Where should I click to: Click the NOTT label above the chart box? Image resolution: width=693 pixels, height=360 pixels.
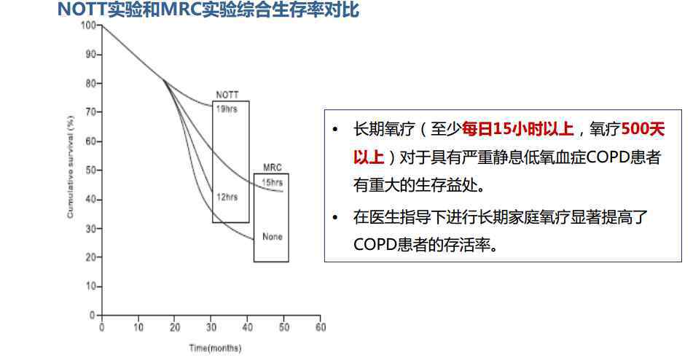pyautogui.click(x=227, y=95)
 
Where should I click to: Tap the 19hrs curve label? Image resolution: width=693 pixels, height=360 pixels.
pyautogui.click(x=227, y=109)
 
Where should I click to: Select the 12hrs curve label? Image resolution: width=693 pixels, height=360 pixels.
pyautogui.click(x=227, y=197)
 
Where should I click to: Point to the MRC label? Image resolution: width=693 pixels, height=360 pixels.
pyautogui.click(x=273, y=168)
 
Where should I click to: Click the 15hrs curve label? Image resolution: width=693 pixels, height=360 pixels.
pyautogui.click(x=273, y=182)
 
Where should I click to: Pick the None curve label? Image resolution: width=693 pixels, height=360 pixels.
pyautogui.click(x=273, y=237)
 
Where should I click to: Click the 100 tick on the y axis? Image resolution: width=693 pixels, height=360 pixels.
pyautogui.click(x=88, y=26)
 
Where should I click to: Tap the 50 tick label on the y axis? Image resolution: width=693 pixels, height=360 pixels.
pyautogui.click(x=91, y=170)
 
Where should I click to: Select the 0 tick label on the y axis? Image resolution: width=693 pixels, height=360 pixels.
pyautogui.click(x=93, y=315)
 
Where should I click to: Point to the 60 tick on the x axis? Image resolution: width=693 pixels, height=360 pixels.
pyautogui.click(x=321, y=327)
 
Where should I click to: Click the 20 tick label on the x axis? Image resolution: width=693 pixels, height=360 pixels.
pyautogui.click(x=175, y=327)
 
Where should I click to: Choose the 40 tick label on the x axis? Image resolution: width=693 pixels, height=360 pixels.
pyautogui.click(x=248, y=327)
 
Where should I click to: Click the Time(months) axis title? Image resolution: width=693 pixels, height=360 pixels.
pyautogui.click(x=215, y=348)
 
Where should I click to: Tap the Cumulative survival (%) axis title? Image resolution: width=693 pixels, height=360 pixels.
pyautogui.click(x=70, y=167)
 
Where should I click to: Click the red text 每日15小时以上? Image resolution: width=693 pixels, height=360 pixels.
pyautogui.click(x=517, y=129)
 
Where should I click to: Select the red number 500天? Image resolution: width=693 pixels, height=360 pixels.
pyautogui.click(x=643, y=129)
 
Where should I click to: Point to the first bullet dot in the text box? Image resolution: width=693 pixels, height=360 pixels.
pyautogui.click(x=335, y=130)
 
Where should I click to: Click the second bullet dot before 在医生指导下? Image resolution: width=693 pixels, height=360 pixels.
pyautogui.click(x=335, y=217)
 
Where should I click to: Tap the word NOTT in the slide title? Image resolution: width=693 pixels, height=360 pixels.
pyautogui.click(x=82, y=9)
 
